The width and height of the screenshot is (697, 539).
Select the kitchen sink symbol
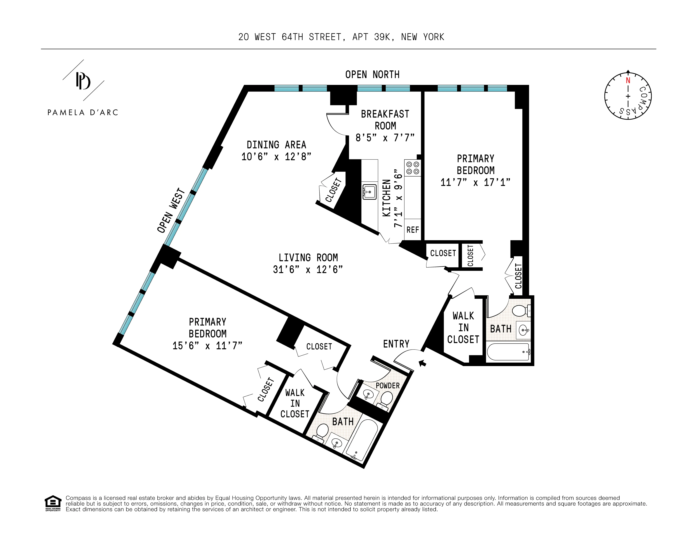(369, 192)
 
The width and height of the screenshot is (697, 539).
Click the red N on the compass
(628, 80)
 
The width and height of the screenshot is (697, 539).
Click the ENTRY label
(396, 344)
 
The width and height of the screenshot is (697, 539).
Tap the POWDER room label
(387, 385)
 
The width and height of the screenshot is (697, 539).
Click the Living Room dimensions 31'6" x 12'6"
(308, 270)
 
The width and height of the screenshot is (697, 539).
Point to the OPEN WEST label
(171, 211)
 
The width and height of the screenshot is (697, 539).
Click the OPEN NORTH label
(372, 75)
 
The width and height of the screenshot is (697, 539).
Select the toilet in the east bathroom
(521, 310)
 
